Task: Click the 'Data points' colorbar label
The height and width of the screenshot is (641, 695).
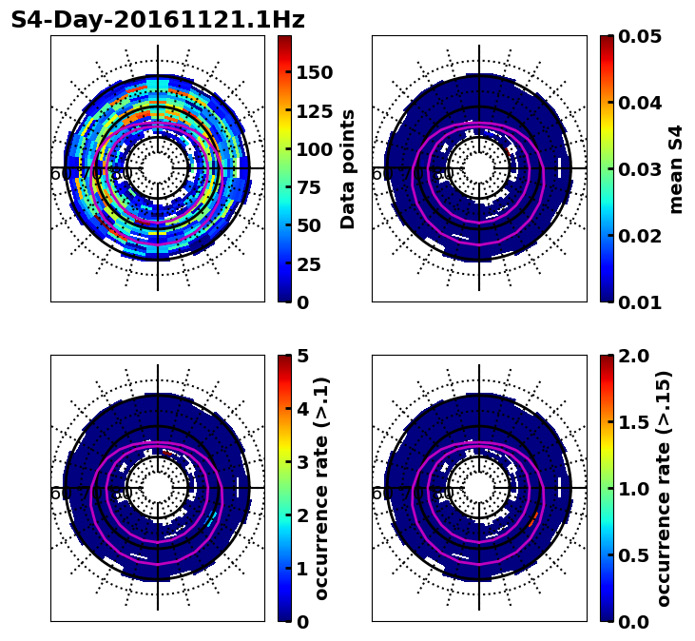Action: point(348,168)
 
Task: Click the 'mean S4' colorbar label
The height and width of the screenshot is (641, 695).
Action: point(676,168)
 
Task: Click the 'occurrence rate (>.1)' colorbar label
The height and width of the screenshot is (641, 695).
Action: point(322,488)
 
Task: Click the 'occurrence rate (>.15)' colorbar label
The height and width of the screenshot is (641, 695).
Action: point(664,488)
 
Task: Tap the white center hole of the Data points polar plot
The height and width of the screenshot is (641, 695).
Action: point(158,167)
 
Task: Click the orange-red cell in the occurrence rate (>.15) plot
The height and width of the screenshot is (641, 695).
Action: point(532,517)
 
